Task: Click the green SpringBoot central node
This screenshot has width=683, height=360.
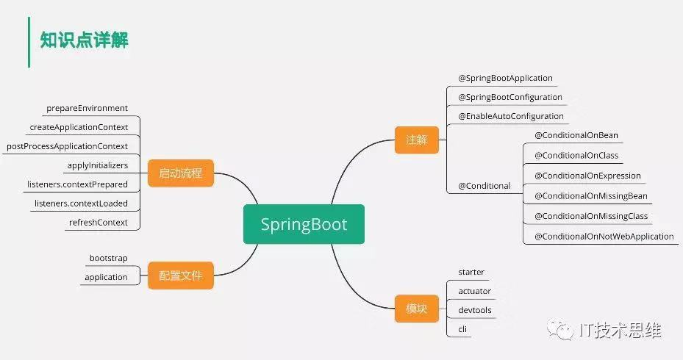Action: (x=304, y=224)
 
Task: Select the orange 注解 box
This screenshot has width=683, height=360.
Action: (x=416, y=140)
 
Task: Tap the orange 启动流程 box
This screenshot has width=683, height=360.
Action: (x=180, y=173)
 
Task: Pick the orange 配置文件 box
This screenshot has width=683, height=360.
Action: (x=180, y=276)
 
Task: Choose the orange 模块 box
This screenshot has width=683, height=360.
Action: (x=416, y=309)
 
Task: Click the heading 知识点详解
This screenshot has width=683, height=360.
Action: (x=84, y=40)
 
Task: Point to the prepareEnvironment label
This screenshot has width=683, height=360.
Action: (x=87, y=108)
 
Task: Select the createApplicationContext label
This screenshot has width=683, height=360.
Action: (x=79, y=127)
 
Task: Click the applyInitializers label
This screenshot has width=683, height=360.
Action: (x=98, y=165)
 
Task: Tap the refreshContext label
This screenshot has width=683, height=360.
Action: (x=99, y=223)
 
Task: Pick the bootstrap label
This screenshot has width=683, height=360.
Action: (x=109, y=258)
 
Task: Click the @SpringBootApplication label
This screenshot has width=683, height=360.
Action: (x=505, y=79)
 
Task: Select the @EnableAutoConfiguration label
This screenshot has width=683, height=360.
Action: (x=511, y=116)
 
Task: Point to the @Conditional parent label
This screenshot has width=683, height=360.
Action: (x=484, y=186)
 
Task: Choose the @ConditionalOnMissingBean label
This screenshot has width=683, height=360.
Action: (x=591, y=196)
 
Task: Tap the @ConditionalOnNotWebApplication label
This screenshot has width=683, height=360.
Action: (x=604, y=237)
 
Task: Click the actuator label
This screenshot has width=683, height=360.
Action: (x=475, y=291)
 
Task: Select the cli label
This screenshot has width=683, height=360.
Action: (x=462, y=330)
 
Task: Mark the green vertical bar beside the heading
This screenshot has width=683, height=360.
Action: (x=29, y=42)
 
